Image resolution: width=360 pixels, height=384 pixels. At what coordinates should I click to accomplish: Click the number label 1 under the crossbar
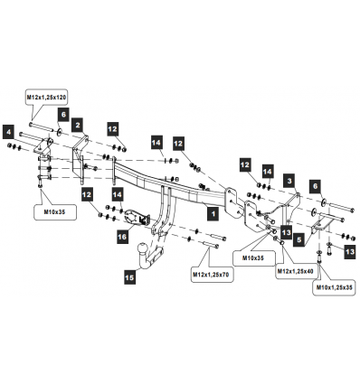(213, 214)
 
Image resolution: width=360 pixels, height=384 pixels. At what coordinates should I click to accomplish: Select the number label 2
(78, 125)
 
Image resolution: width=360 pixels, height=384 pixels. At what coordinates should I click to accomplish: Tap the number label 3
(289, 181)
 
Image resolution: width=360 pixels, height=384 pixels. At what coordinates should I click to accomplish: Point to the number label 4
(9, 132)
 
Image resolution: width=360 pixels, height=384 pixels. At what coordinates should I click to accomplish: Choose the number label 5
(298, 239)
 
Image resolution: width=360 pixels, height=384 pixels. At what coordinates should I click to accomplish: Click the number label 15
(129, 277)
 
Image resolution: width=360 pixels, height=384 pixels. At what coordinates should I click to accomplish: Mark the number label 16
(122, 237)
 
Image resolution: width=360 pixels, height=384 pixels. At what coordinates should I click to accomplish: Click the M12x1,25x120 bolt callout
(46, 97)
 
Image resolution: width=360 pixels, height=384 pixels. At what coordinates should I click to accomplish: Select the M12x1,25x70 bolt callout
(213, 275)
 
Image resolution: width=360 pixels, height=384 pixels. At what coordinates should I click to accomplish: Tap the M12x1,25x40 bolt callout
(296, 271)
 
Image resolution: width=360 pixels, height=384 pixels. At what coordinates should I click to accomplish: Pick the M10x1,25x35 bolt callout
(334, 287)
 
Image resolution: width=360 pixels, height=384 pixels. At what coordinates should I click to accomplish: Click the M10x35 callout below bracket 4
(54, 212)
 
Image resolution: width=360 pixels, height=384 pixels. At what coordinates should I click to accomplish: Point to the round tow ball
(142, 248)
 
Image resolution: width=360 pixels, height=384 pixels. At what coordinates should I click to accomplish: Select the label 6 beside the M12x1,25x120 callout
(63, 115)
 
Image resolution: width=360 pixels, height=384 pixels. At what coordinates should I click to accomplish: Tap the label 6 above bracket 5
(315, 186)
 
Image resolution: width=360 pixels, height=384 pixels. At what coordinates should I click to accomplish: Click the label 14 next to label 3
(268, 172)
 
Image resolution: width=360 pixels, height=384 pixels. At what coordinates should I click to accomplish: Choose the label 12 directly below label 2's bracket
(87, 194)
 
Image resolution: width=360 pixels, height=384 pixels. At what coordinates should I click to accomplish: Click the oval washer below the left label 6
(59, 131)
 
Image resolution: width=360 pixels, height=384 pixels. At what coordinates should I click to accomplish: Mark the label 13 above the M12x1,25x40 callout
(287, 232)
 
